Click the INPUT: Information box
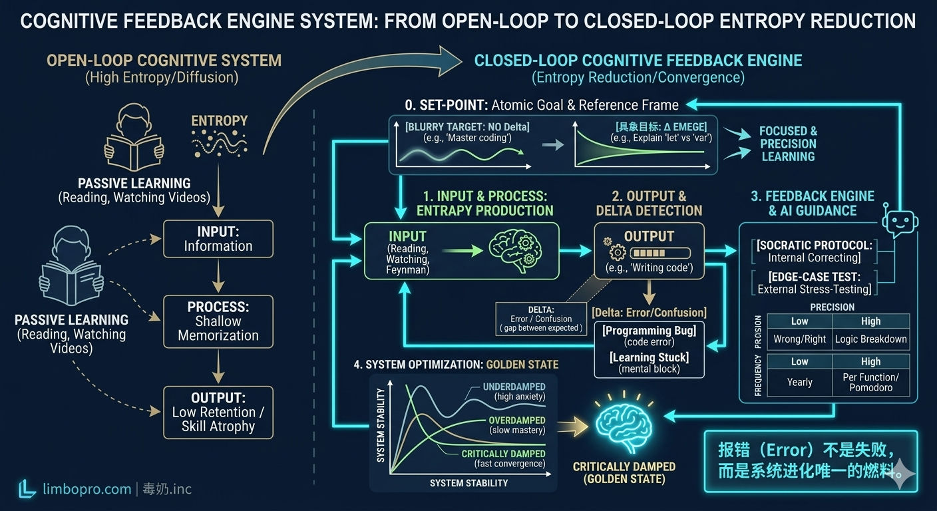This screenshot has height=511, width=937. point(218,239)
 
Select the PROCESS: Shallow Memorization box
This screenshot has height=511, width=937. point(218,321)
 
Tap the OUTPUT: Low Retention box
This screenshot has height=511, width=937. point(218,413)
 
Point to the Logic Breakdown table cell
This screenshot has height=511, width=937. point(870,339)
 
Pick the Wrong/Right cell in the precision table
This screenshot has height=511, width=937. point(799,339)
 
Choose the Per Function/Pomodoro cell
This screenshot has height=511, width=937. point(870,382)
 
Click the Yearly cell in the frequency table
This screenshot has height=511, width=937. point(799,382)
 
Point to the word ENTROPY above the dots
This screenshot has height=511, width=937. point(219,120)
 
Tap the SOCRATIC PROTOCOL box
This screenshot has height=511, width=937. point(813,251)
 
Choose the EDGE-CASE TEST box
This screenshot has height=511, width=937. point(813,283)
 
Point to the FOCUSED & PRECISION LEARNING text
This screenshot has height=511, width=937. point(788,144)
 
